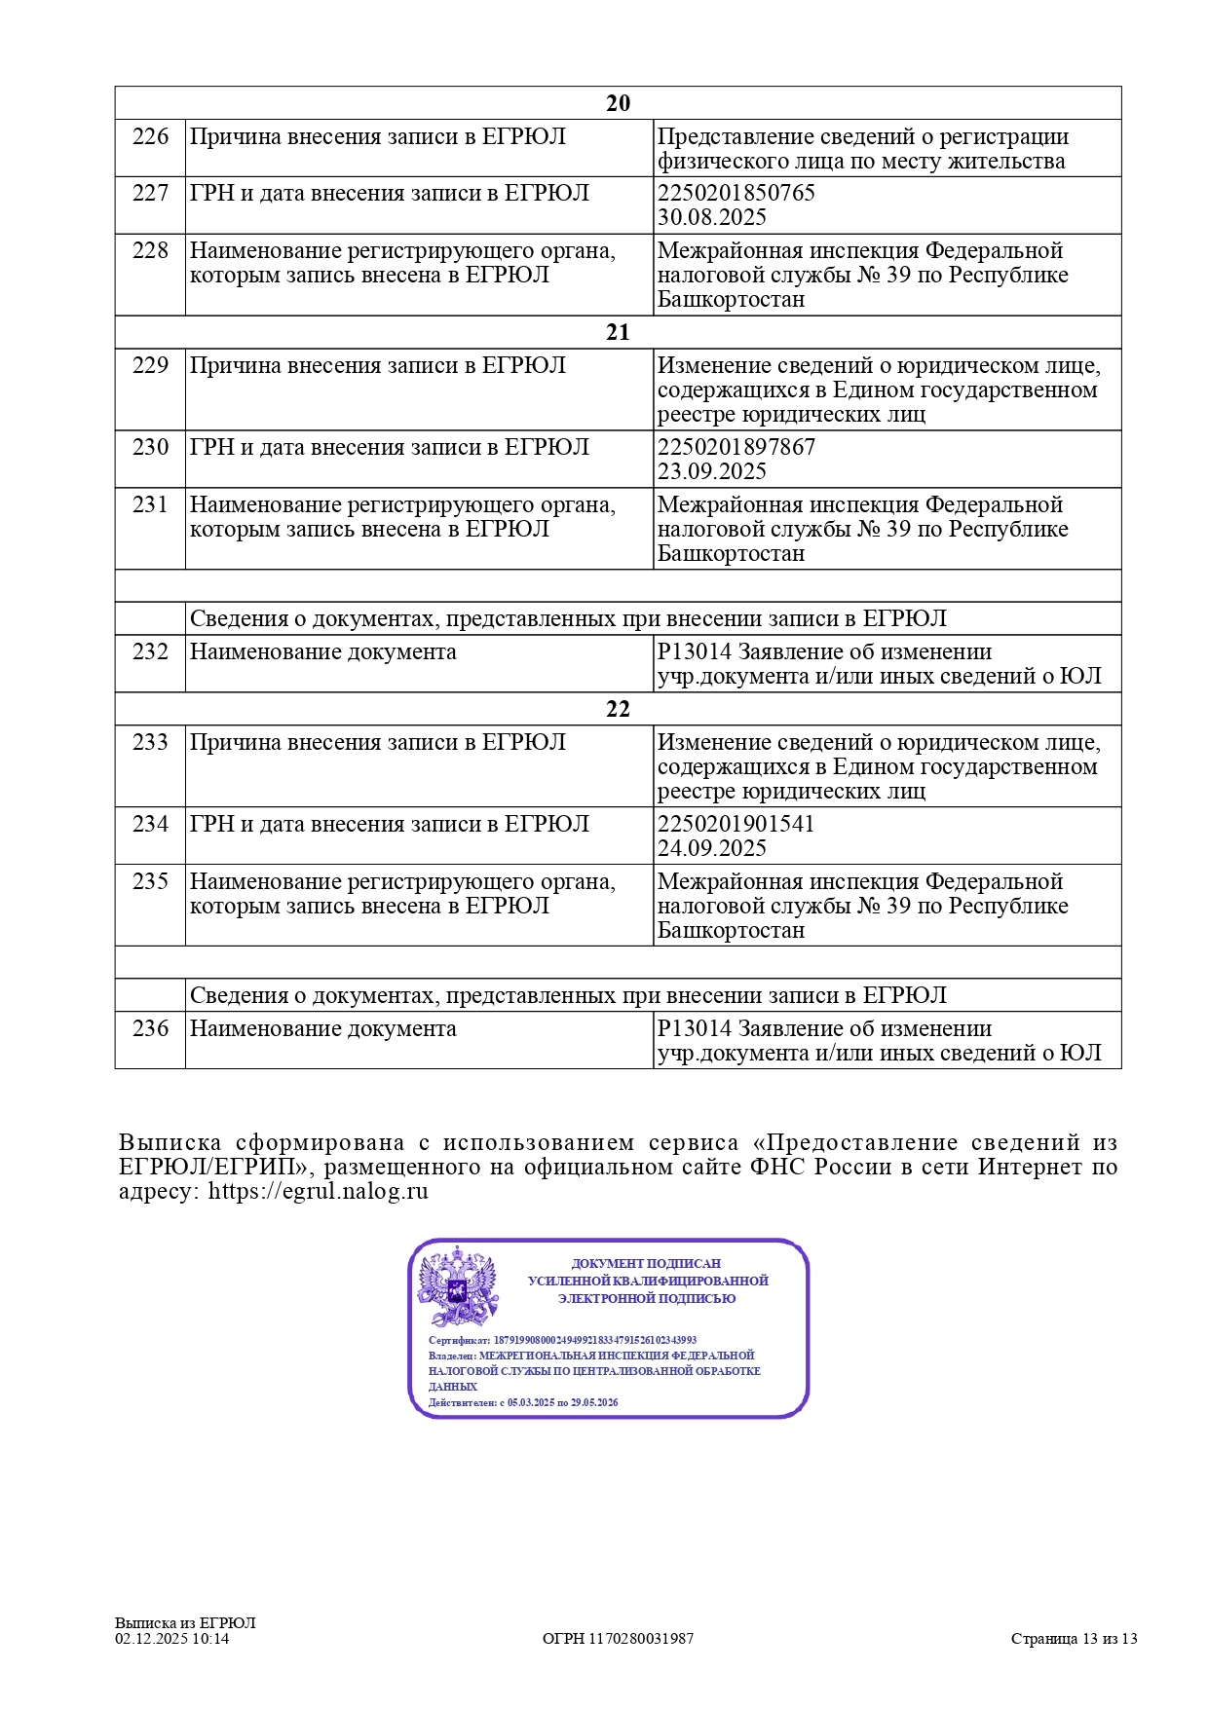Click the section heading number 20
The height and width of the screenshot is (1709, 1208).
[x=618, y=103]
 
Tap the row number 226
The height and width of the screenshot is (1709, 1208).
[x=150, y=136]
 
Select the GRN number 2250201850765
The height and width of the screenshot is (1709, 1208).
[x=736, y=193]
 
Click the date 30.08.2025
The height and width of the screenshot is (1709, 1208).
[x=711, y=217]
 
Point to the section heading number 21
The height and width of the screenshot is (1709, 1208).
[x=618, y=332]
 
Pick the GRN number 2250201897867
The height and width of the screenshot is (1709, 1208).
[x=736, y=447]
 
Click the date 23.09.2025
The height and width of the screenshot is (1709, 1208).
[x=711, y=471]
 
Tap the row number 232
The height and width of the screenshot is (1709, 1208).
[x=150, y=651]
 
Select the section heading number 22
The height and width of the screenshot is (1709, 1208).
[x=618, y=709]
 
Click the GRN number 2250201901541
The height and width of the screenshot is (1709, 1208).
[x=736, y=824]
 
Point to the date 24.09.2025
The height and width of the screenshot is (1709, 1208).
[x=711, y=848]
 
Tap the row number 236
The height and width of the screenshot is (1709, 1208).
[x=150, y=1028]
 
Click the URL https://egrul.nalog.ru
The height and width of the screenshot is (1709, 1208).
[x=318, y=1191]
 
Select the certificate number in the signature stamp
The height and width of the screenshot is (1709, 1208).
[x=594, y=1340]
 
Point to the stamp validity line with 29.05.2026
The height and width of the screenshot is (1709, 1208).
[x=523, y=1403]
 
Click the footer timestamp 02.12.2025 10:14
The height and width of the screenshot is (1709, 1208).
[x=171, y=1638]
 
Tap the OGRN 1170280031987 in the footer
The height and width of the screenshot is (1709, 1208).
[x=618, y=1638]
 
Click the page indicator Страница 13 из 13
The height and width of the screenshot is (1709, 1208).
[x=1074, y=1638]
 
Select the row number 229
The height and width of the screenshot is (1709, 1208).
[x=150, y=365]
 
